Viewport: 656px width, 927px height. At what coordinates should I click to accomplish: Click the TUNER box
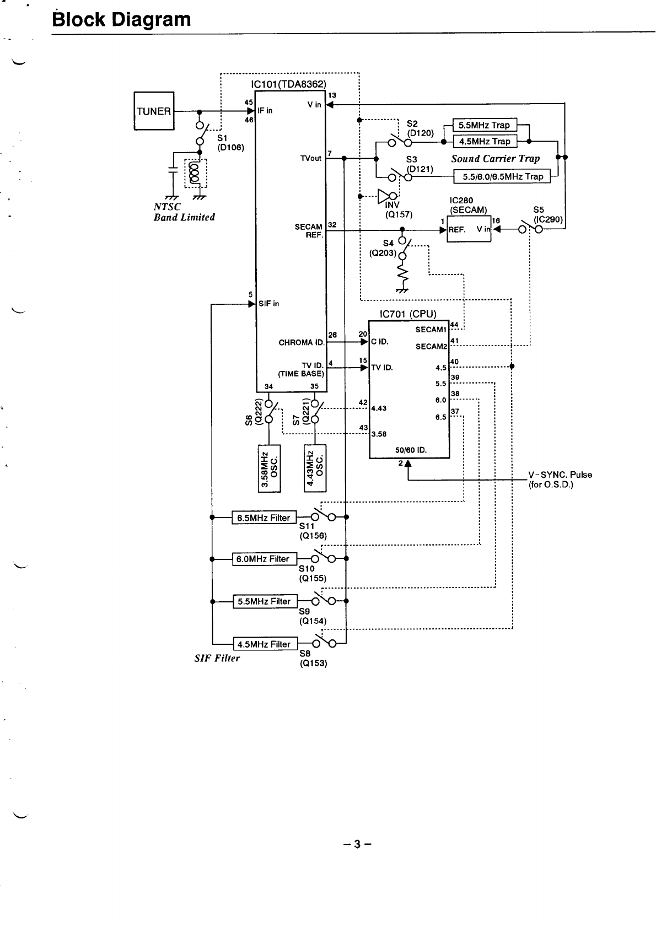154,111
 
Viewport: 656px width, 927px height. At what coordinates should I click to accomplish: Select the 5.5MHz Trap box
485,125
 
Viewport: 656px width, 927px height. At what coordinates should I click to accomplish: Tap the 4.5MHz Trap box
485,142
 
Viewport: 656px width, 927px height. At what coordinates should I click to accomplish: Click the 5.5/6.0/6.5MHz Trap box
502,176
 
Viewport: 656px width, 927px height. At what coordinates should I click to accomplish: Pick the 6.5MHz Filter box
264,518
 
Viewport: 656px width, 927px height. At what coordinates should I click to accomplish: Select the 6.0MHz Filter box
264,559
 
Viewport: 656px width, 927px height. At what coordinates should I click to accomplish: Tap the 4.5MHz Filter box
265,644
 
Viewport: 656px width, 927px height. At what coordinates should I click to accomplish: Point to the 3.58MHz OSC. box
269,468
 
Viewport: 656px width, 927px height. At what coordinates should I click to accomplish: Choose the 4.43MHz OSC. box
315,468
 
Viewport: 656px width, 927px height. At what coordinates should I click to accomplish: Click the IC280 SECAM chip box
469,229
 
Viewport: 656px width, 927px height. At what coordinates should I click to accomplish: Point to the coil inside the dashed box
193,173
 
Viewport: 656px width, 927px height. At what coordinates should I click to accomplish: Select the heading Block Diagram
121,19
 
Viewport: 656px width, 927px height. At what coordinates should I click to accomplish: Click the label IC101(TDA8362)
288,84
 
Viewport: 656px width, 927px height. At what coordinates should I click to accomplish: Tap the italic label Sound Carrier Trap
496,159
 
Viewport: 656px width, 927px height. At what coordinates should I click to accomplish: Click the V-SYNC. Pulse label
560,475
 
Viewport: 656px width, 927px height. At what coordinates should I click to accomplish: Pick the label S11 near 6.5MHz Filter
307,526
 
